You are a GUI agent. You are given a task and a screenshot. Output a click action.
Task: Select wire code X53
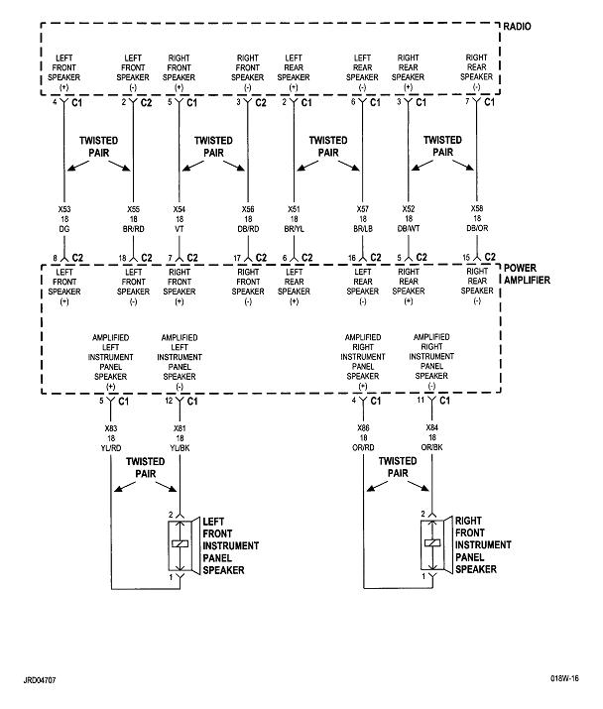pos(65,209)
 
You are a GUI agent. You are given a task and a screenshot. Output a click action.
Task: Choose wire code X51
pos(295,209)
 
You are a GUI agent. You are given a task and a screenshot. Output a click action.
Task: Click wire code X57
pos(363,209)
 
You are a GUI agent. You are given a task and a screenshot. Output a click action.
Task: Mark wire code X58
pos(477,209)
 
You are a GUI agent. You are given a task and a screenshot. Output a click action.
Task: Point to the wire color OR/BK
pos(430,448)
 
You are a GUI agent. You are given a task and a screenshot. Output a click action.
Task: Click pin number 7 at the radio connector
pos(467,102)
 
